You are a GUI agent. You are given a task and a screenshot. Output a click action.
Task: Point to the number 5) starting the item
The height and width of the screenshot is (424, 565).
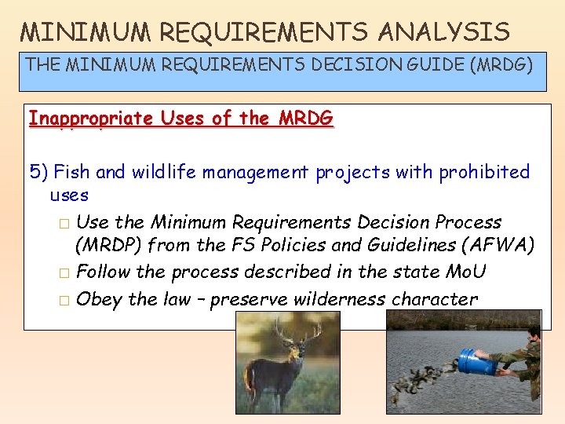coord(38,172)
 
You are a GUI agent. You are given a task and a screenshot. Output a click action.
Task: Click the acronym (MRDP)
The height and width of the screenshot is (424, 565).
coord(109,246)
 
